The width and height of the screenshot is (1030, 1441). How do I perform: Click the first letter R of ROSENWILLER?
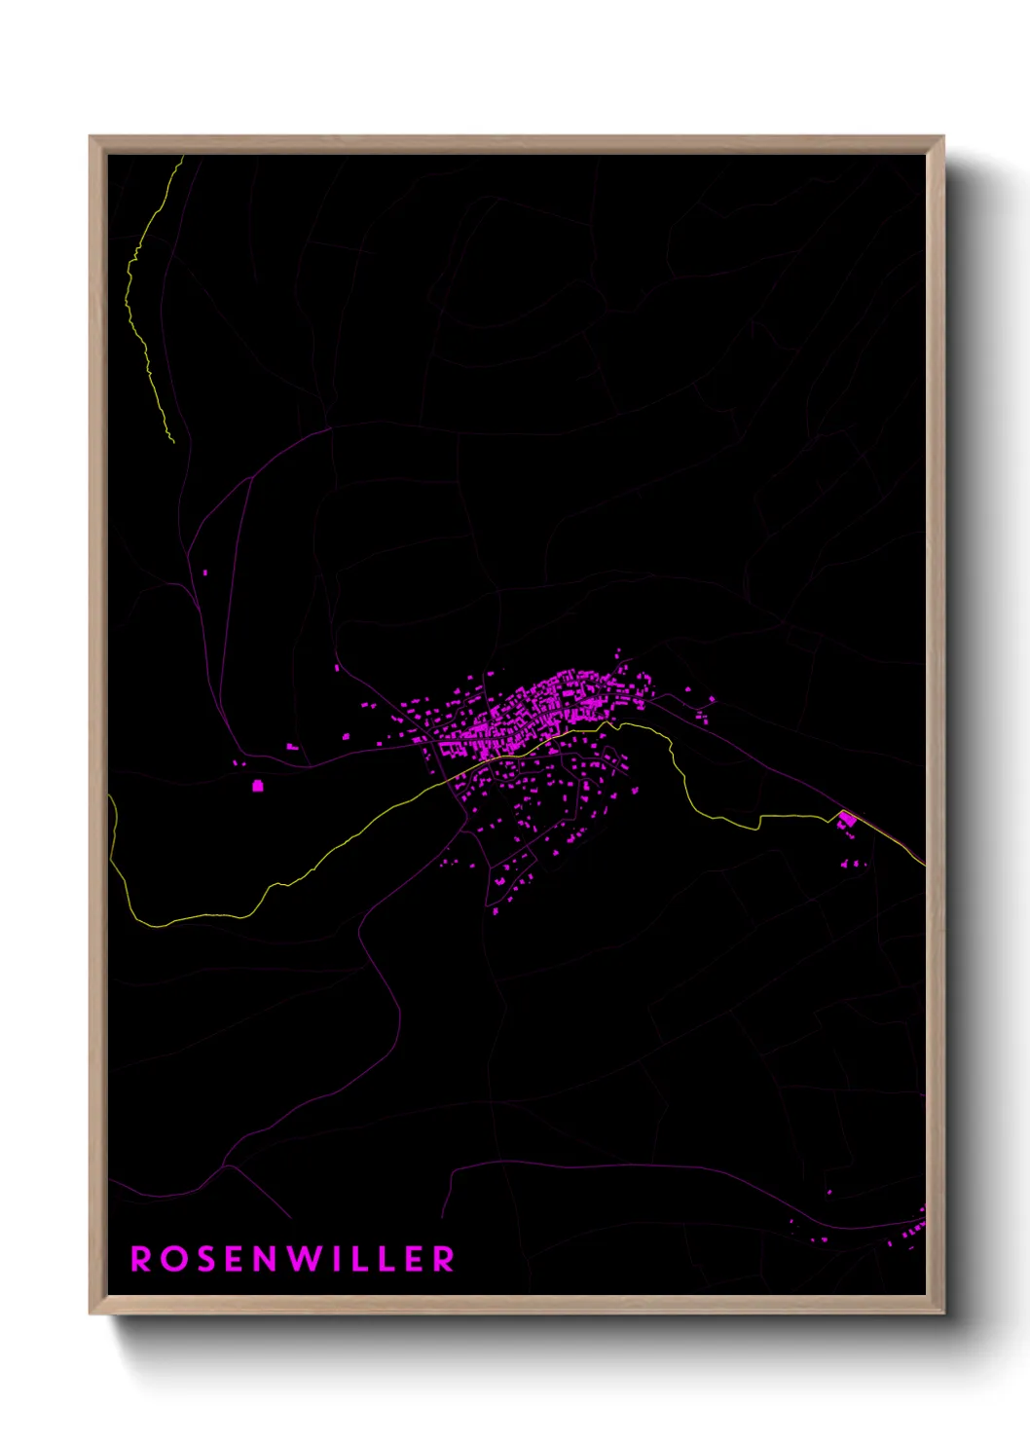click(x=141, y=1259)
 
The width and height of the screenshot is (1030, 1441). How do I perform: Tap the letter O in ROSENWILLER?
click(x=174, y=1259)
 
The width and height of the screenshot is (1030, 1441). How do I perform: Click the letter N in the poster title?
click(x=267, y=1259)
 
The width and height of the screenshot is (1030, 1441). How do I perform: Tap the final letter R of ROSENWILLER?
click(x=444, y=1259)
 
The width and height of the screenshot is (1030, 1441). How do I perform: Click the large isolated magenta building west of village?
click(x=258, y=786)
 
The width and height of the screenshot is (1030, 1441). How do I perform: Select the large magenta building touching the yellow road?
click(x=847, y=820)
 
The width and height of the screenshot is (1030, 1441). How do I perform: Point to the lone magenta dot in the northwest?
click(x=204, y=573)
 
